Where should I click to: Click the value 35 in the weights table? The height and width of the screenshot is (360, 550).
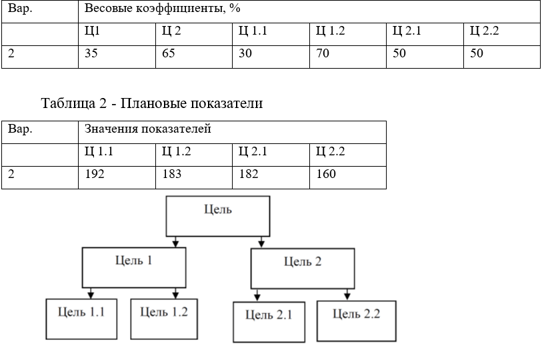(x=91, y=53)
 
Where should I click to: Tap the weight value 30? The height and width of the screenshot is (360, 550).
(x=245, y=53)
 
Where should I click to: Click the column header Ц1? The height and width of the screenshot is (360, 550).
(x=92, y=31)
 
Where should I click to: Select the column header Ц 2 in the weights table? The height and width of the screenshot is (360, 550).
(x=171, y=31)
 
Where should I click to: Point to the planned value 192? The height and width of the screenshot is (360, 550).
(x=95, y=174)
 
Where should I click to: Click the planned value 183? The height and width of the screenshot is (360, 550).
(x=172, y=174)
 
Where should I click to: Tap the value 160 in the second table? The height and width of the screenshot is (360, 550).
(x=326, y=174)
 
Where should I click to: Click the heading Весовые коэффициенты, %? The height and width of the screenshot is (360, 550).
(x=163, y=9)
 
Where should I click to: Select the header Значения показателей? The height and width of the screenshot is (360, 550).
(x=148, y=129)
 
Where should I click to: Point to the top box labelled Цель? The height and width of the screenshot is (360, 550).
(x=218, y=216)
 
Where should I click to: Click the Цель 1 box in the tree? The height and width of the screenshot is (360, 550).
(x=134, y=268)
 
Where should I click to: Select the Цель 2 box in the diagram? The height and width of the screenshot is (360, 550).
(x=303, y=269)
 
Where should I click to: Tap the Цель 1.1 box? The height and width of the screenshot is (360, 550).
(x=81, y=319)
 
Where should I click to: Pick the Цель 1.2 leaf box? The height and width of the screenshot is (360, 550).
(x=164, y=319)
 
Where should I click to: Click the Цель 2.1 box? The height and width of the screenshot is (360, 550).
(x=269, y=322)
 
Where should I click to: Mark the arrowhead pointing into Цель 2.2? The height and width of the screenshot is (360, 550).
(x=347, y=296)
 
